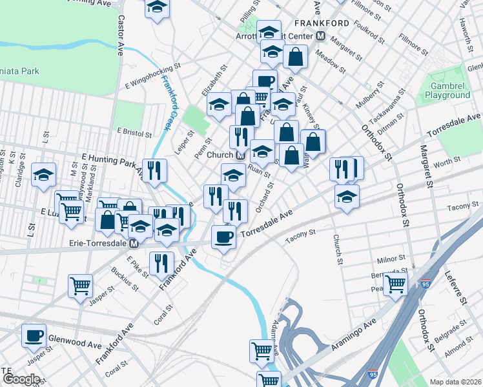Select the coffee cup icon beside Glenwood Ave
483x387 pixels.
(34, 335)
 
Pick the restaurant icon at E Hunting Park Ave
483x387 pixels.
(155, 170)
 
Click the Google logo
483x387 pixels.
(21, 379)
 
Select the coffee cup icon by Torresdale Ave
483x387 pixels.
(224, 237)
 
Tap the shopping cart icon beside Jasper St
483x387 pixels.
(80, 286)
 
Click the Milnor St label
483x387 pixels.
(391, 259)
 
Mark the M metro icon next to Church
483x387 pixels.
(240, 155)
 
